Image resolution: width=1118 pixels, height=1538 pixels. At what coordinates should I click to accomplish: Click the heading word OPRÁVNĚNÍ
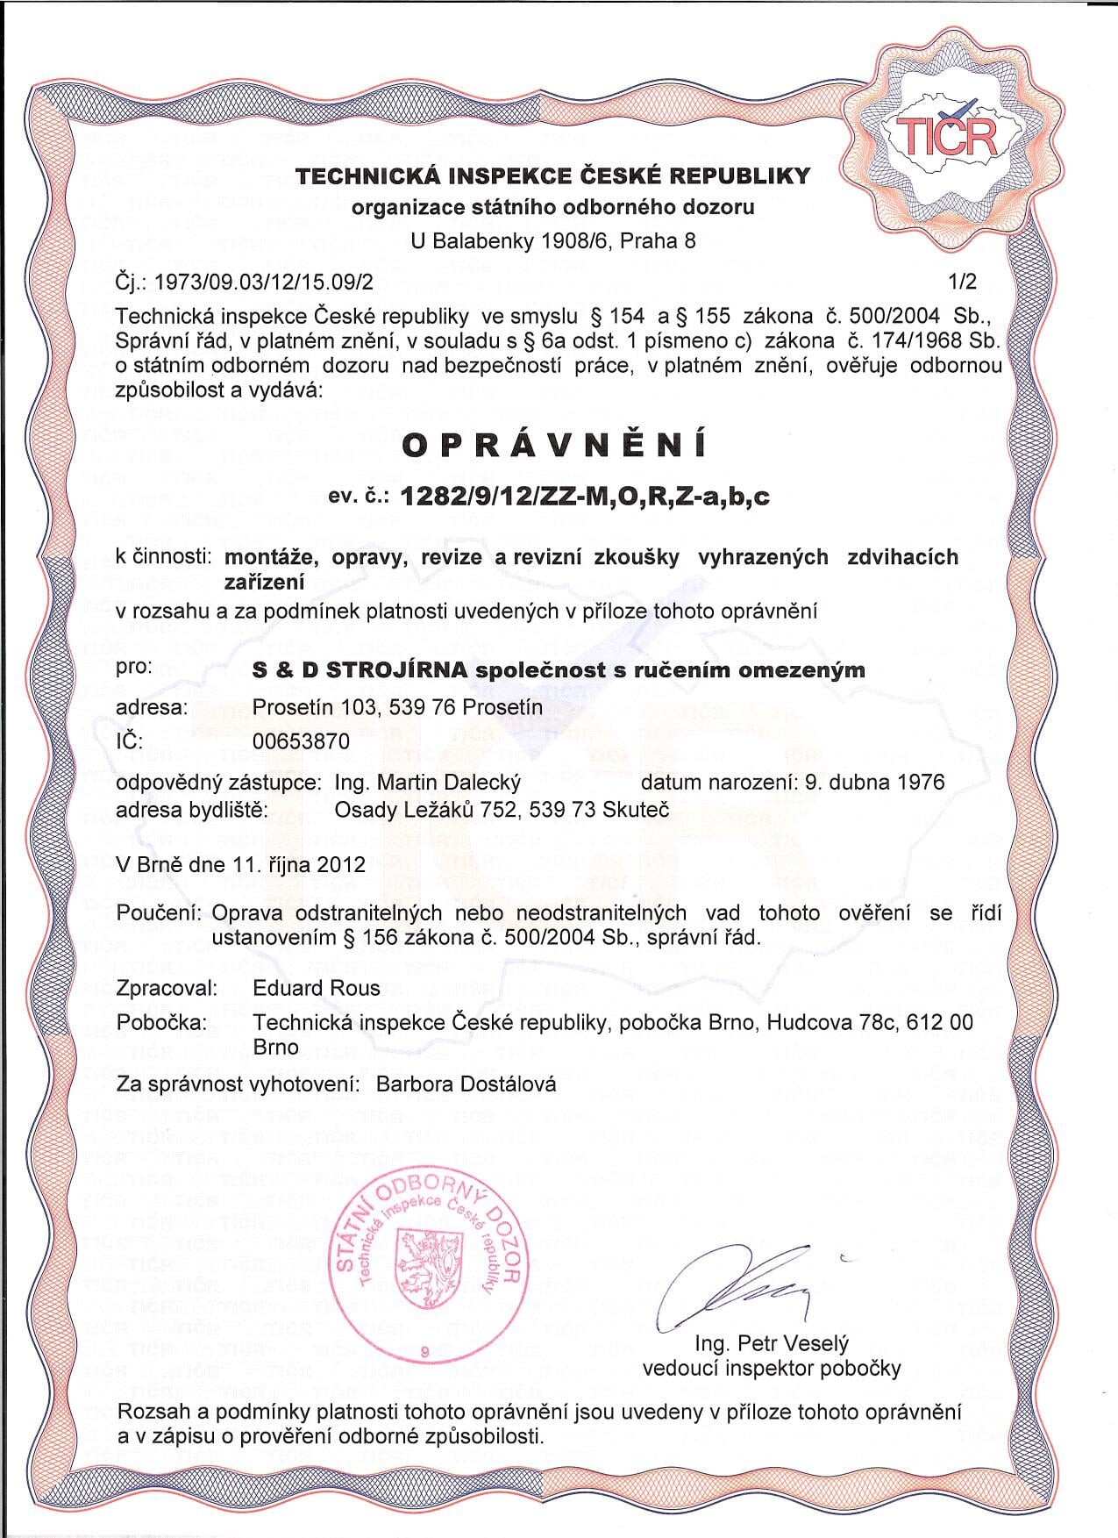point(553,446)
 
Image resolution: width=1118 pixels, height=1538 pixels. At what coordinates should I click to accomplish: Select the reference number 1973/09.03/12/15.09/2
point(264,283)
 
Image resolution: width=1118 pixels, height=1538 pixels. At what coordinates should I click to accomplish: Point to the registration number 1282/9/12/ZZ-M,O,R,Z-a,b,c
point(584,497)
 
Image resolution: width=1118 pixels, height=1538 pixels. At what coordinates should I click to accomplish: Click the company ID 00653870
point(301,741)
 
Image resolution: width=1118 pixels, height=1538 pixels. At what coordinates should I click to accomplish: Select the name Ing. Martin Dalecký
point(428,782)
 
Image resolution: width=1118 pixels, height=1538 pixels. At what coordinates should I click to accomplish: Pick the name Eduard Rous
point(317,988)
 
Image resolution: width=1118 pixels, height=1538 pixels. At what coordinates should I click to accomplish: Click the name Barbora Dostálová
point(466,1084)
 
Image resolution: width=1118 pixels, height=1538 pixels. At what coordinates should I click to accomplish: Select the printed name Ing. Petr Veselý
point(772,1343)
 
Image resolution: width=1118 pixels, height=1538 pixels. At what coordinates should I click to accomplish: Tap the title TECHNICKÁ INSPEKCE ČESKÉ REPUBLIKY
point(552,176)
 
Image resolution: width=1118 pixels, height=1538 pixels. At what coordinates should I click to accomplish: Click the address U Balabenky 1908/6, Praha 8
point(553,240)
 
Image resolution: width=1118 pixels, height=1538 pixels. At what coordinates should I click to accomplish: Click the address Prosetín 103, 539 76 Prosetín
point(396,706)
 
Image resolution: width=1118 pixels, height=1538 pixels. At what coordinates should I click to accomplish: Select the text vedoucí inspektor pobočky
point(772,1368)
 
